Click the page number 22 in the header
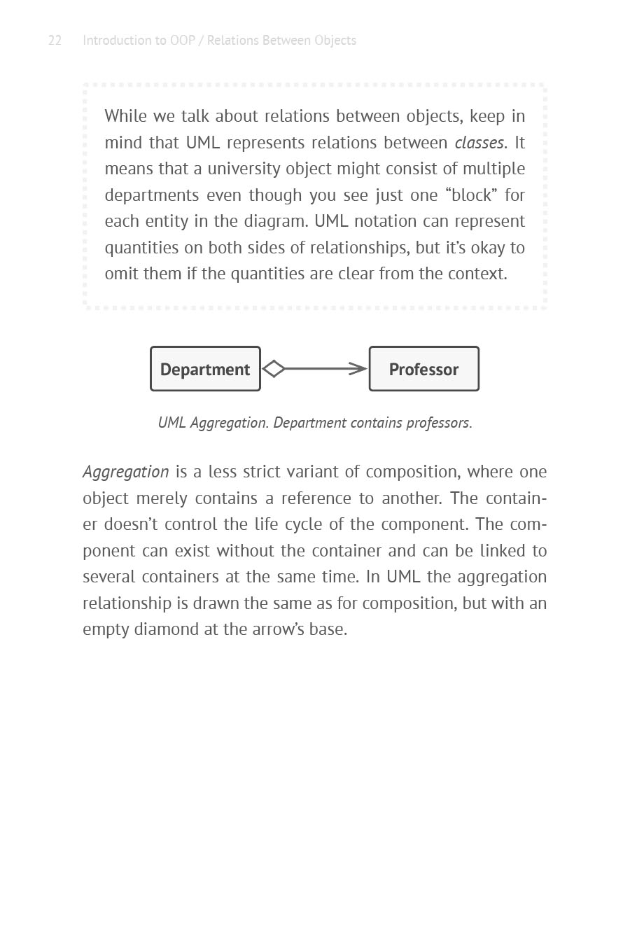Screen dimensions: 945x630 (55, 41)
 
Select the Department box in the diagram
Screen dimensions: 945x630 (205, 369)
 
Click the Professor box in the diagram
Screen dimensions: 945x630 (423, 369)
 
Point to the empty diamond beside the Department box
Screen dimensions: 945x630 (274, 369)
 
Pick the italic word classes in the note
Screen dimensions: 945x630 (479, 143)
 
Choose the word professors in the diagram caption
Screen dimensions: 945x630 (438, 423)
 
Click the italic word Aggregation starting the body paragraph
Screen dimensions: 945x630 (126, 472)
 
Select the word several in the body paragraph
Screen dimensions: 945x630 (108, 577)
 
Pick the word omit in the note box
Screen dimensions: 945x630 (121, 274)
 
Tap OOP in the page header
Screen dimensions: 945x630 (183, 41)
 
